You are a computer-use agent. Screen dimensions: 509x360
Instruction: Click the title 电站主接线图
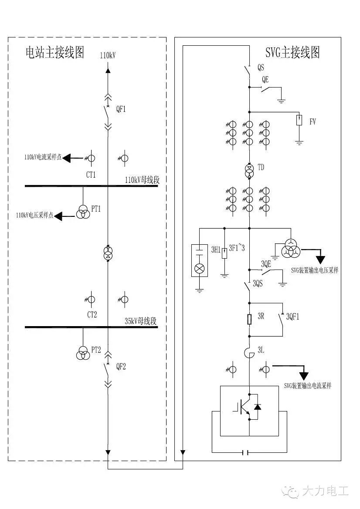[x=54, y=53]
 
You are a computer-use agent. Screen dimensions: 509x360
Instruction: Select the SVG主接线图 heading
[x=292, y=53]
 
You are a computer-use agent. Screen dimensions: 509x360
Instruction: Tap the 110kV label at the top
[x=108, y=55]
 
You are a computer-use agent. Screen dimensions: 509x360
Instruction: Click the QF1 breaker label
[x=121, y=109]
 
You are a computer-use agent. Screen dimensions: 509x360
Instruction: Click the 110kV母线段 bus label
[x=142, y=180]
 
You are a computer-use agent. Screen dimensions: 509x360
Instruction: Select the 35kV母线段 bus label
[x=140, y=322]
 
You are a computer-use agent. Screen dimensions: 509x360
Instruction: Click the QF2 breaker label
[x=121, y=367]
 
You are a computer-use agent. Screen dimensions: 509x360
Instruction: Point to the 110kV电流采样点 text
[x=43, y=158]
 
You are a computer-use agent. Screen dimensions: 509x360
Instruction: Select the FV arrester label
[x=312, y=122]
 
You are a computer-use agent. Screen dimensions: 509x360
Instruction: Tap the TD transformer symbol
[x=249, y=171]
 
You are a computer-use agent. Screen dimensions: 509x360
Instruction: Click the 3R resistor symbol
[x=249, y=320]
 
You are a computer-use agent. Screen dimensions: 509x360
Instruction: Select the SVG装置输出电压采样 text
[x=315, y=270]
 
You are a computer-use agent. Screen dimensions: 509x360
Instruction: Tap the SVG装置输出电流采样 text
[x=308, y=386]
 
